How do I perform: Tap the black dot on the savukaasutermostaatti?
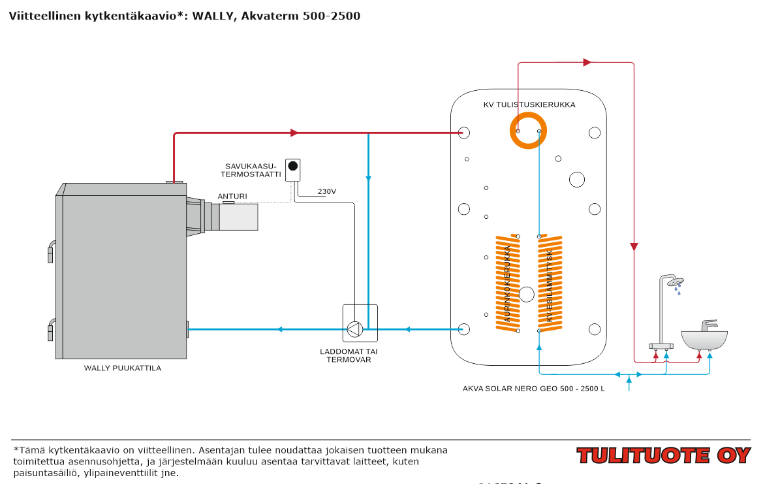tap(294, 165)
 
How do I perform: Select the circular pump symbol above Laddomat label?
tap(354, 329)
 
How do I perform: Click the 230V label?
tap(327, 191)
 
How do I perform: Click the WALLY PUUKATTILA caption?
tap(123, 368)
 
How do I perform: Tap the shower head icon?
tap(676, 282)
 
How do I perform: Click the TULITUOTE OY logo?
tap(663, 455)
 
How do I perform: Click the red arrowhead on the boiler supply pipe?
tap(294, 133)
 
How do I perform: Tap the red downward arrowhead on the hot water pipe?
tap(634, 247)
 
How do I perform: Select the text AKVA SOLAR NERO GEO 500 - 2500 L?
tap(534, 388)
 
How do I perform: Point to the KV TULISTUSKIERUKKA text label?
tap(529, 105)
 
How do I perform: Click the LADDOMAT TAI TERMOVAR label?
tap(349, 355)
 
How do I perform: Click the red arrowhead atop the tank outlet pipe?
tap(587, 63)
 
